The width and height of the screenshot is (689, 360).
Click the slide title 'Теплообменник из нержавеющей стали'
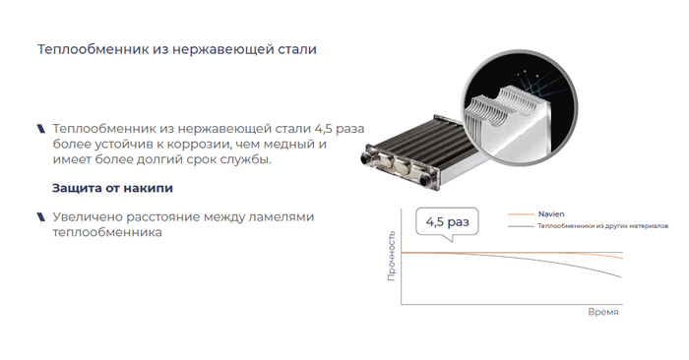176,50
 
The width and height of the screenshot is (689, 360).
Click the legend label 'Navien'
550,213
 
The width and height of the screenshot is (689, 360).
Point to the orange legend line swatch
518,213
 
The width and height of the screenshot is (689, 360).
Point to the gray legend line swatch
518,226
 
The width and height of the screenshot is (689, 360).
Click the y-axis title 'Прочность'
392,259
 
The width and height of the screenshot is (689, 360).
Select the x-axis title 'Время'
602,311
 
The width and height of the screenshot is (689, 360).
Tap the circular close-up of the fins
514,101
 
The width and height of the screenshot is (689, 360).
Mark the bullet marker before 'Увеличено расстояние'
40,216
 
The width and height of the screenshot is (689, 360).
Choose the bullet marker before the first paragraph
40,129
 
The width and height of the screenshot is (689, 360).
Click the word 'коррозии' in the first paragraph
201,145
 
